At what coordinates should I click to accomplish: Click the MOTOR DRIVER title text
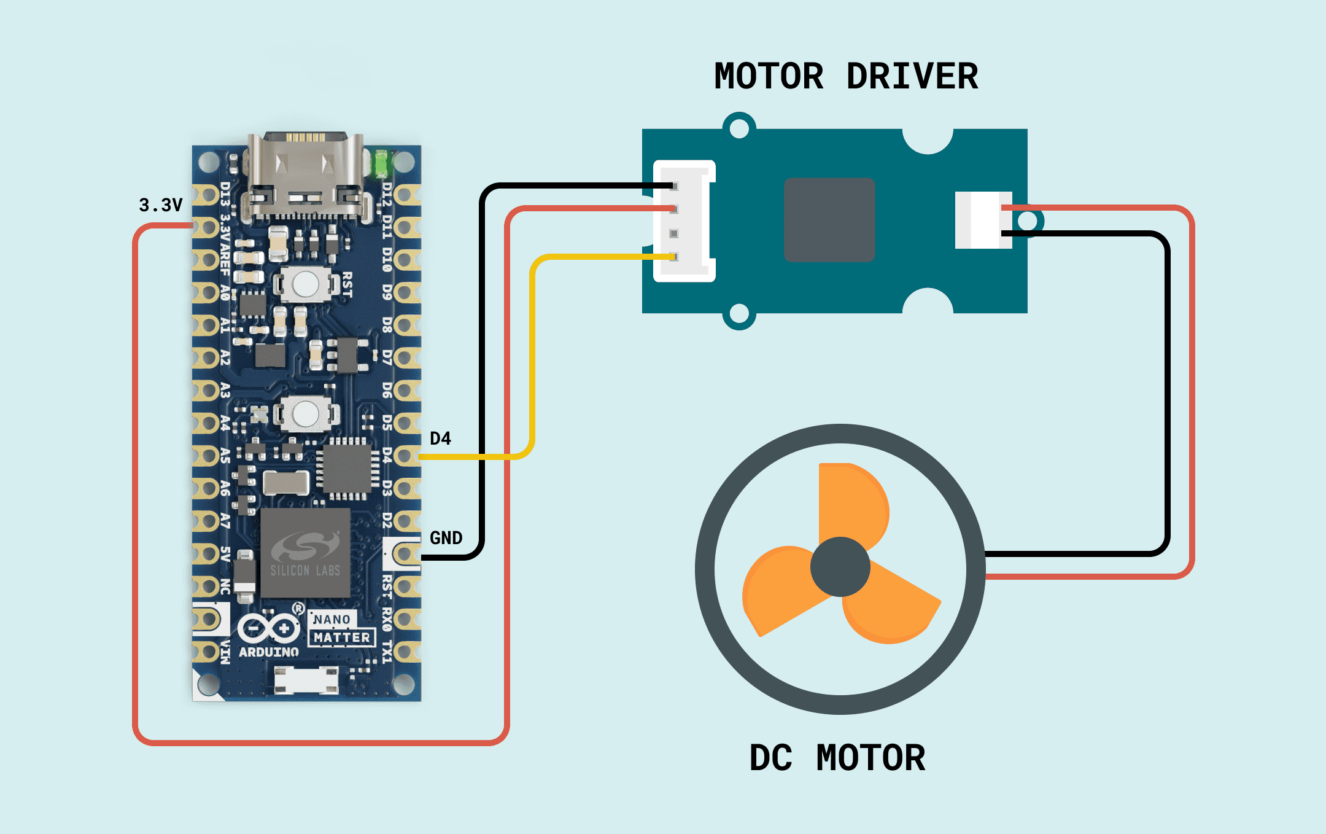(x=846, y=77)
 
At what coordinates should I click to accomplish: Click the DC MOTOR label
(x=837, y=758)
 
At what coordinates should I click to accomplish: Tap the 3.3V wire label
(x=161, y=205)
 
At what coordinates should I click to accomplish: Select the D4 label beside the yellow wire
(x=440, y=438)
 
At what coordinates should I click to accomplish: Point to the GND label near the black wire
(x=446, y=538)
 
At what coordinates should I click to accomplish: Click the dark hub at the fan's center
(x=840, y=567)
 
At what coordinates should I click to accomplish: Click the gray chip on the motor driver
(x=829, y=220)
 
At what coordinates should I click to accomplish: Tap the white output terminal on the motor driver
(x=983, y=220)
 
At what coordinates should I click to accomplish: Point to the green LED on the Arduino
(x=382, y=163)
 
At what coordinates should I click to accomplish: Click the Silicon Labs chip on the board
(x=305, y=553)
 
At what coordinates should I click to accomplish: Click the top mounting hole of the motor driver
(x=739, y=128)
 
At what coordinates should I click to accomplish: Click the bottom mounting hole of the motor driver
(x=739, y=314)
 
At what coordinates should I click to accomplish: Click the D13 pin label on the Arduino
(x=225, y=193)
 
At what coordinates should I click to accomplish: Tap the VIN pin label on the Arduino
(x=225, y=652)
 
